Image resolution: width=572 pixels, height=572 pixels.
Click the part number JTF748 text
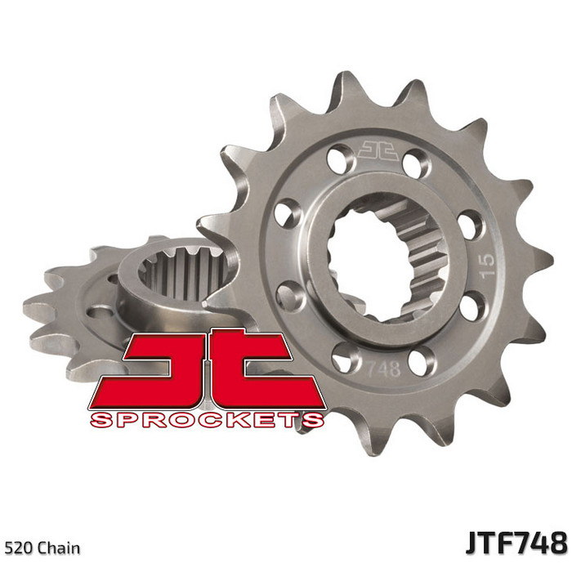516,543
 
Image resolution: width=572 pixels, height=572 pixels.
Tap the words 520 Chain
42,548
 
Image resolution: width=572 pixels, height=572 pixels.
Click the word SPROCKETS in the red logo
208,420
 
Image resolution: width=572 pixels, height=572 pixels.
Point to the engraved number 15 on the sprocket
487,266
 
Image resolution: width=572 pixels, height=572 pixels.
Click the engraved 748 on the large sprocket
382,369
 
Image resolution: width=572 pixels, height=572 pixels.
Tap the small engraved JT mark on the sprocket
378,150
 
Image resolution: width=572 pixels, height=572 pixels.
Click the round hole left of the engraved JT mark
341,159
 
